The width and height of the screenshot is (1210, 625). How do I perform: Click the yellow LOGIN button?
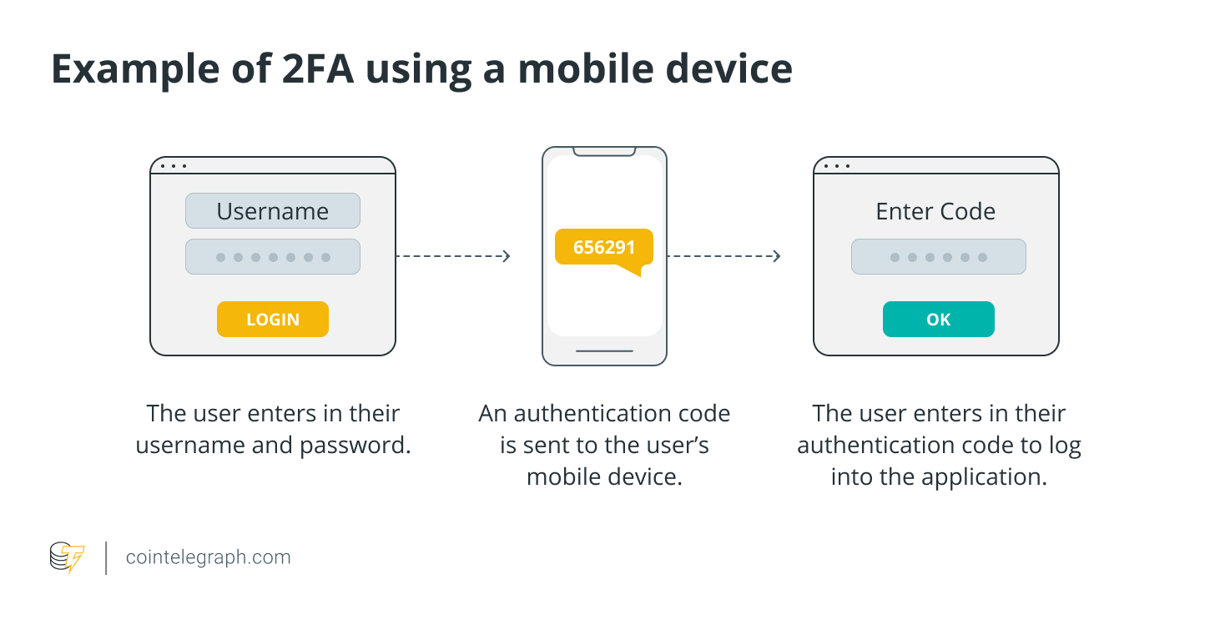coord(273,320)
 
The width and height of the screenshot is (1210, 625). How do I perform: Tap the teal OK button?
coord(938,320)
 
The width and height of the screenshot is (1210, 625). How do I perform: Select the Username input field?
coord(273,210)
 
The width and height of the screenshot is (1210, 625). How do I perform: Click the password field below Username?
coord(273,256)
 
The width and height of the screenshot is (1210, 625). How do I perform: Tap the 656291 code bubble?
coord(604,247)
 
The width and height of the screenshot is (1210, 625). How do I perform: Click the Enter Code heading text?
coord(935,211)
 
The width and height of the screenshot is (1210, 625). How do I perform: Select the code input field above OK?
coord(938,256)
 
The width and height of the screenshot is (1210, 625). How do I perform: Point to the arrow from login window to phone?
coord(453,256)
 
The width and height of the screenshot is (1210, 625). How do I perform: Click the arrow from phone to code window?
coord(723,256)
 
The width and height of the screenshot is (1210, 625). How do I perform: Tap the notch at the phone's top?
coord(604,152)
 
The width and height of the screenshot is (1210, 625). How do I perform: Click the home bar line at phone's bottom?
coord(604,351)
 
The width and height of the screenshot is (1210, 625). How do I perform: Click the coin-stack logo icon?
coord(67,557)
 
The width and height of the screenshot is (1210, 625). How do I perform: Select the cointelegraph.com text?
coord(208,557)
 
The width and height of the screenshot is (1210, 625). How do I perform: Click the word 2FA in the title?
coord(318,68)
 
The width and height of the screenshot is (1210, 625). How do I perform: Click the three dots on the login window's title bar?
coord(174,166)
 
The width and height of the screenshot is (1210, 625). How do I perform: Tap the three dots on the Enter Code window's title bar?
coord(837,166)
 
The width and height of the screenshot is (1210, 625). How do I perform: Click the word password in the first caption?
coord(355,446)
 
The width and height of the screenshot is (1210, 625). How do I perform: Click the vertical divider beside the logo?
coord(106,558)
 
